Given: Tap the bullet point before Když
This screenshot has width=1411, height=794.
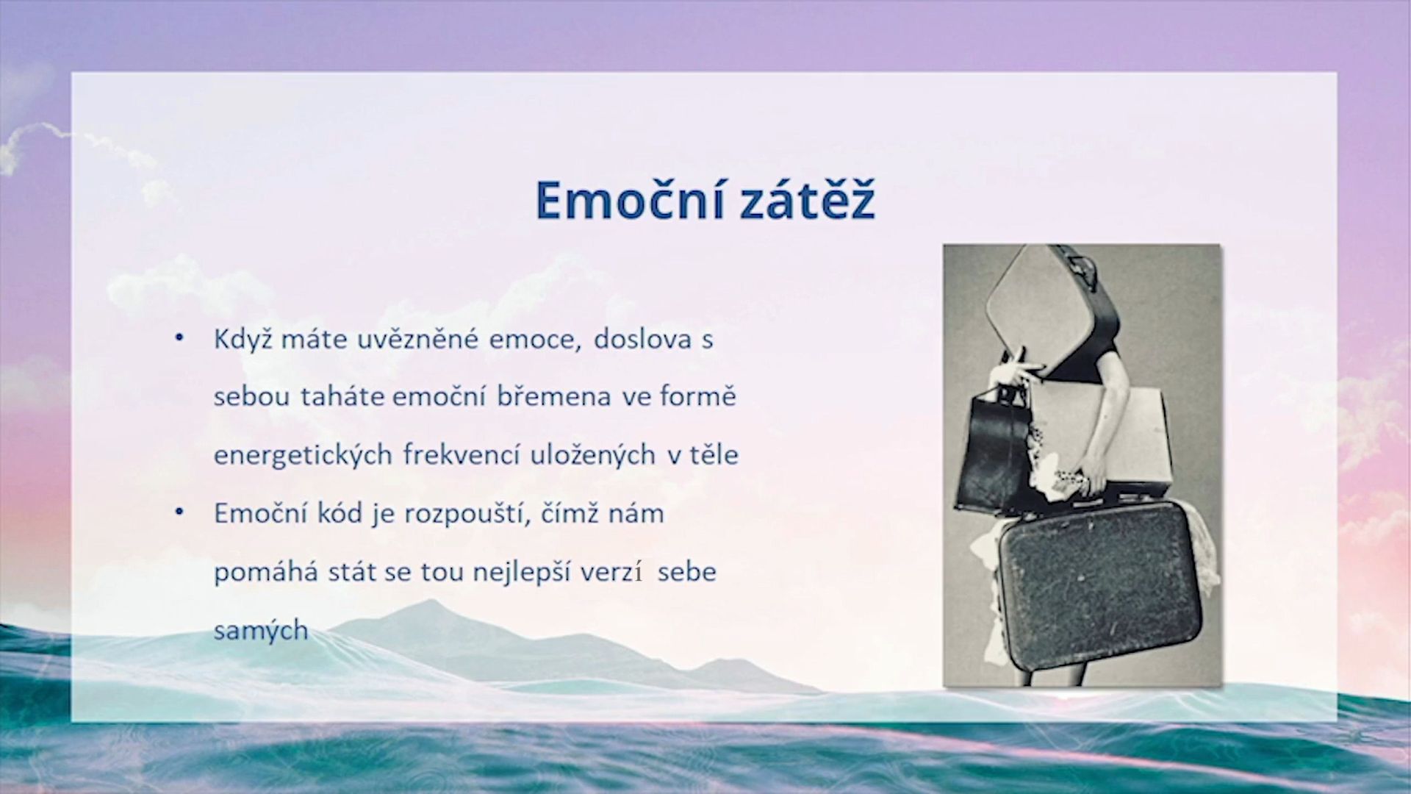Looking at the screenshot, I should click(179, 338).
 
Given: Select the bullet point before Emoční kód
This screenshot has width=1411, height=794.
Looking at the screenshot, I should click(179, 512).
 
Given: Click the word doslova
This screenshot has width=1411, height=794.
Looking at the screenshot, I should click(643, 340).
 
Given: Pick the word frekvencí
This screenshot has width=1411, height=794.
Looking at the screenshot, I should click(461, 455).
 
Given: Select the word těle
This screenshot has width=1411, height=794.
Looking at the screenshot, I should click(713, 455).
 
